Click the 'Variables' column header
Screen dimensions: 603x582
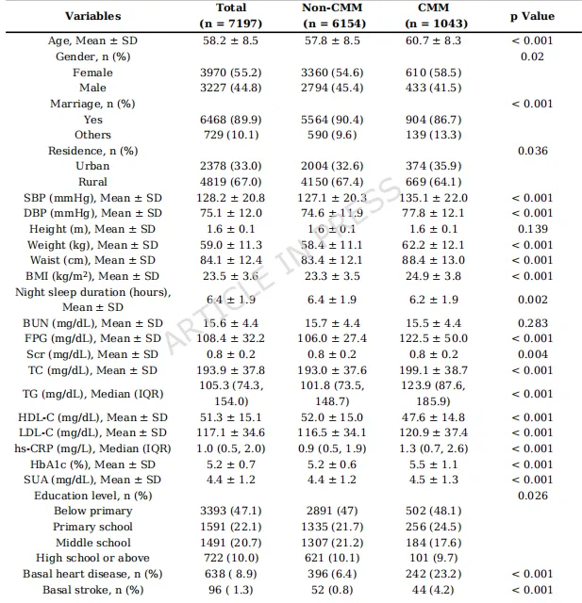click(x=92, y=16)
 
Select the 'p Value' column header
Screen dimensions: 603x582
click(x=533, y=16)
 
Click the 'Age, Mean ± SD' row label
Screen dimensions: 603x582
click(x=92, y=41)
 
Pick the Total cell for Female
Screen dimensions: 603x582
click(x=231, y=73)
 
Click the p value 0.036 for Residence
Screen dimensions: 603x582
click(x=533, y=150)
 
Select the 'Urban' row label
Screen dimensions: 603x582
click(x=92, y=166)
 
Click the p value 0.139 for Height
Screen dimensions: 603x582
click(x=533, y=229)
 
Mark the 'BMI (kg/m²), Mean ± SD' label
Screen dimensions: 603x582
click(x=92, y=276)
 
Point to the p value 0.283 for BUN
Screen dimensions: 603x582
click(x=533, y=323)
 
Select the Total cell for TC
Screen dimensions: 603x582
click(x=231, y=370)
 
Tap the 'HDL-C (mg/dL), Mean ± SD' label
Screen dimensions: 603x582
click(x=92, y=417)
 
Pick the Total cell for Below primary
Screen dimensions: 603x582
click(x=231, y=511)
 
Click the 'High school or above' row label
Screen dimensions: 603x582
click(x=92, y=558)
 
